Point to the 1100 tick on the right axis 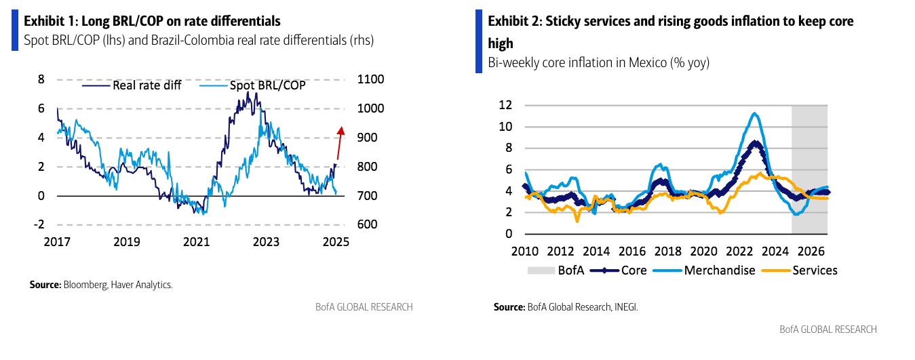tap(370, 79)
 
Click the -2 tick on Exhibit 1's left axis tap(40, 225)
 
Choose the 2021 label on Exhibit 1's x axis tap(197, 242)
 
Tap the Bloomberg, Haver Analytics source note tap(101, 285)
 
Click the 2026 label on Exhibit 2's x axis tap(812, 251)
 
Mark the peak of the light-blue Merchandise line tap(754, 113)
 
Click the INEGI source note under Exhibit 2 tap(566, 307)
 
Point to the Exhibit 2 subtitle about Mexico tap(599, 63)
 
